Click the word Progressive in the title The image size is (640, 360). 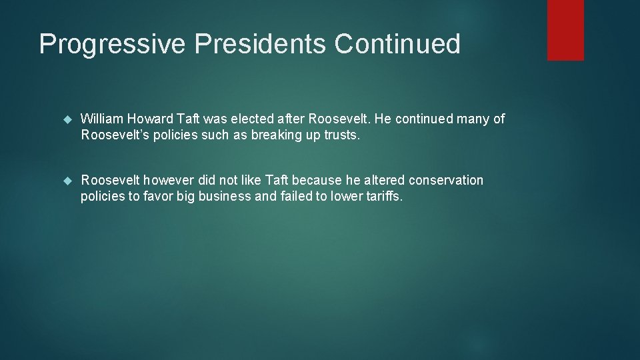(112, 45)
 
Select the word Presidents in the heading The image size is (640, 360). (260, 44)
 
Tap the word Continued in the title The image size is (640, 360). (397, 44)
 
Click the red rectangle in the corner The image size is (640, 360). (565, 30)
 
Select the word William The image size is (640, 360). (102, 119)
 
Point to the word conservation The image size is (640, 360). (446, 180)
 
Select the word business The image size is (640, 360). (225, 196)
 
